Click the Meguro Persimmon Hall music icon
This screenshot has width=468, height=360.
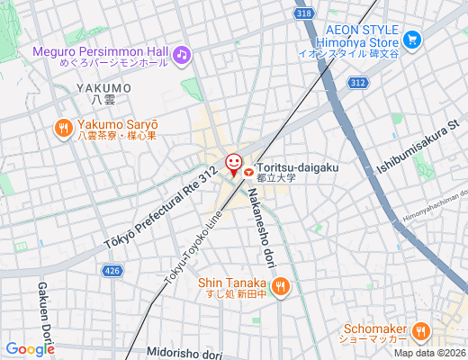point(182,56)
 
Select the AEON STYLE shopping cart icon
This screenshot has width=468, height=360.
point(412,40)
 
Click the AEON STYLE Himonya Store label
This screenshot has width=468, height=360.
point(361,35)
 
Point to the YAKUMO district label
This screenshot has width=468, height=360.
point(103,88)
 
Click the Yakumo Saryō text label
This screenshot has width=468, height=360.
point(117,124)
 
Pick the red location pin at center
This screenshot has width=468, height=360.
point(233,165)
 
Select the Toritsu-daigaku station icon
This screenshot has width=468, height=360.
point(248,166)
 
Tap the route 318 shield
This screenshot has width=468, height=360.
point(304,13)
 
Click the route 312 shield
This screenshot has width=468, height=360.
point(358,83)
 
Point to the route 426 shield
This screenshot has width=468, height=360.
point(112,270)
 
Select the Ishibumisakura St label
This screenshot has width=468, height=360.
point(419,145)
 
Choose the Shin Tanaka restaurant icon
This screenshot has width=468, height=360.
point(280,287)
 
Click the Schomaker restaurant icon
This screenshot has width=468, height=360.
point(419,333)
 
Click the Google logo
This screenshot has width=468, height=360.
point(30,349)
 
